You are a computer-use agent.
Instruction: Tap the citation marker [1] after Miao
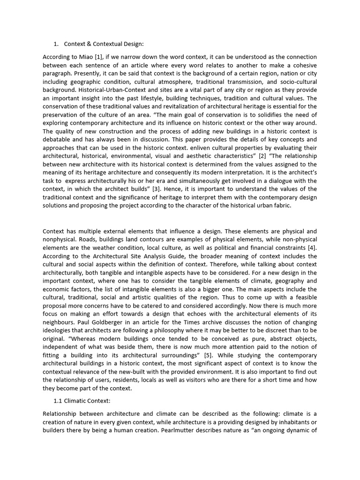[x=97, y=57]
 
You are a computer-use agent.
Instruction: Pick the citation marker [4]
[x=312, y=248]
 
